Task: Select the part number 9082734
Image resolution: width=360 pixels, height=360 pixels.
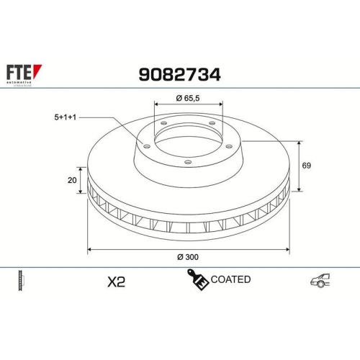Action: coord(179,73)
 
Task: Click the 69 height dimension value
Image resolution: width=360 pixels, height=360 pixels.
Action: coord(306,166)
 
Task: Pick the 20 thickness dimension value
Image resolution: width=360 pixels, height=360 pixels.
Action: coord(72,181)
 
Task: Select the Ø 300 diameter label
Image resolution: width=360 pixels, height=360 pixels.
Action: coord(187,257)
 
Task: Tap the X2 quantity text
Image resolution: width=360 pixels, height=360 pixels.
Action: coord(115,281)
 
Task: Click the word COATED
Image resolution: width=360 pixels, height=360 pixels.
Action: coord(231,279)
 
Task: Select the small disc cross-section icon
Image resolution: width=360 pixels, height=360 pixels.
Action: coord(20,281)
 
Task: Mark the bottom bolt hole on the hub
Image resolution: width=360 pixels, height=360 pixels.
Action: coord(187,162)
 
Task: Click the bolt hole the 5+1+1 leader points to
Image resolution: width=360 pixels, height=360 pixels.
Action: coord(147,147)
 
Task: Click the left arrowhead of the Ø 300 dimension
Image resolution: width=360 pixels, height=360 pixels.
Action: coord(89,249)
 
